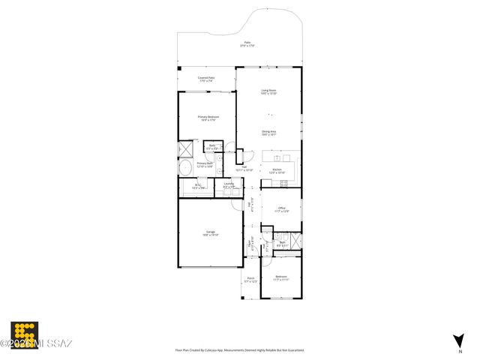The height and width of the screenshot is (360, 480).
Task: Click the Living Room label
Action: coord(269,91)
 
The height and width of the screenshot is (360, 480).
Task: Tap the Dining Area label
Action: coord(269,133)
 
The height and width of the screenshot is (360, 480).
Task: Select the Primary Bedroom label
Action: coord(208,118)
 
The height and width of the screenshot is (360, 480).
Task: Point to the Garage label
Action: coord(211,233)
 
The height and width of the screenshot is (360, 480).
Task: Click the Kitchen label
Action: coord(277,171)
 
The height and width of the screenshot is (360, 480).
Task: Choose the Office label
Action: coord(281,209)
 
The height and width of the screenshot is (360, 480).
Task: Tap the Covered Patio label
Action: coord(206,78)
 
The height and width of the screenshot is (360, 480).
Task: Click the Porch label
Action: coord(250,280)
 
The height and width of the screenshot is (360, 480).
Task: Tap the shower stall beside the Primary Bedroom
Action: coord(184,148)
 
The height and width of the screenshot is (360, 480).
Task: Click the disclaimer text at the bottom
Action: coord(244,350)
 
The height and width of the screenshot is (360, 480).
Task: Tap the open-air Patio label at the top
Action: coord(247,44)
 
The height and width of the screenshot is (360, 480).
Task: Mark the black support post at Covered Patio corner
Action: coord(180,69)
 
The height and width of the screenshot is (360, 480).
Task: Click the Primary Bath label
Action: coord(205,164)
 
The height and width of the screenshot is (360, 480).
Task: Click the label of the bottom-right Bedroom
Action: coord(281,278)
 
